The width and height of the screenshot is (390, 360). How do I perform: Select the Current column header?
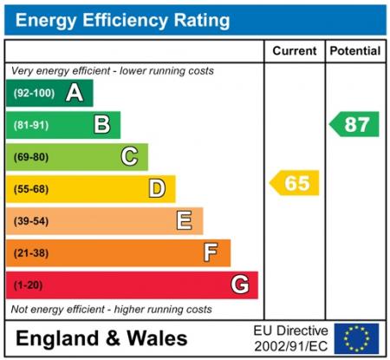(x=294, y=51)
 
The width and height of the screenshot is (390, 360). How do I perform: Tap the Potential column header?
(x=355, y=51)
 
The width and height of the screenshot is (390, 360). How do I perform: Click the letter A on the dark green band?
(x=75, y=93)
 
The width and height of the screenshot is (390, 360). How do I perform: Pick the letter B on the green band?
(x=102, y=125)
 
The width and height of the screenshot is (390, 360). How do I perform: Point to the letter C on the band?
(x=129, y=157)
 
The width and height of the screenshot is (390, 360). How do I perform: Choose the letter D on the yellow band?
(x=157, y=188)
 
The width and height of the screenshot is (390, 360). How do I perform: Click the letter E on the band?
(x=185, y=220)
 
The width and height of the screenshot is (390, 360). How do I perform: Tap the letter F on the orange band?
(x=211, y=252)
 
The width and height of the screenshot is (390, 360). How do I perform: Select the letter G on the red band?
(x=240, y=285)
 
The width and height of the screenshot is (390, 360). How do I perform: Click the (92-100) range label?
(x=33, y=93)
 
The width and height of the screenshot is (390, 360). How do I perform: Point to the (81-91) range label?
(x=31, y=125)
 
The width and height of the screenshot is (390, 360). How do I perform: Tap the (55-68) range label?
(x=31, y=189)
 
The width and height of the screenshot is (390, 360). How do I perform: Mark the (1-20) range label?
(x=29, y=285)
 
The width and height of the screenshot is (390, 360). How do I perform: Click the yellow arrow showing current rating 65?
(x=295, y=183)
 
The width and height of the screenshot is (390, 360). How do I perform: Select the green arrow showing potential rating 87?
(x=354, y=124)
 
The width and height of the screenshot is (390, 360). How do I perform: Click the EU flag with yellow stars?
(x=356, y=338)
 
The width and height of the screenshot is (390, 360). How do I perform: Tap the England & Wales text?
(x=101, y=338)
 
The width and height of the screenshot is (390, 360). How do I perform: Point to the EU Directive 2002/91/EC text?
(x=290, y=338)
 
